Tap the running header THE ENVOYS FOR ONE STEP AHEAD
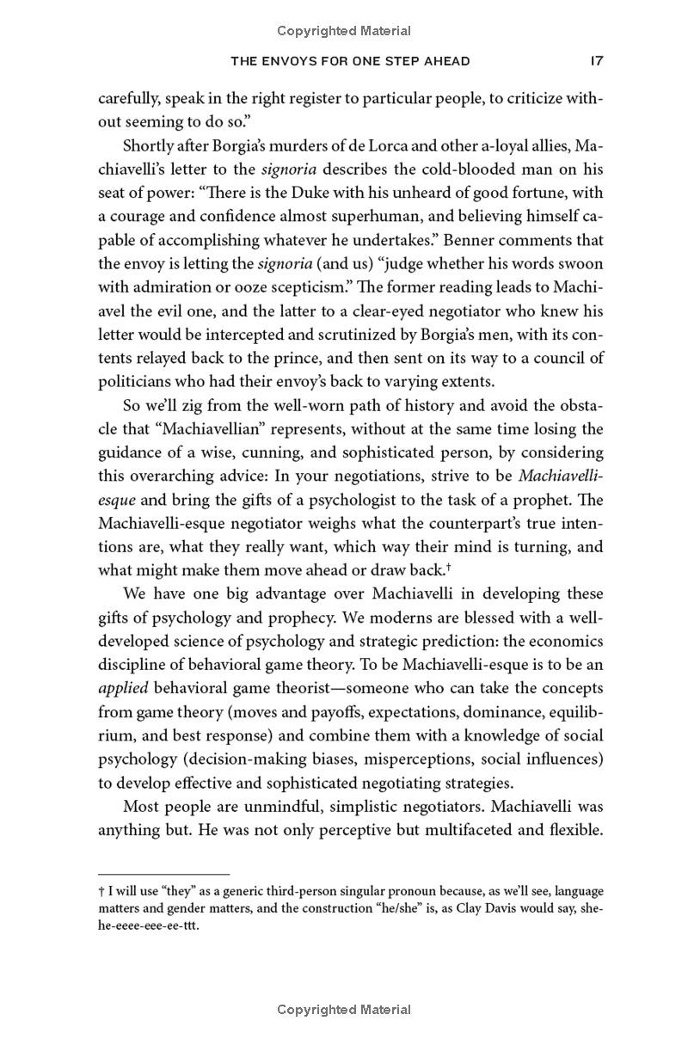(x=352, y=61)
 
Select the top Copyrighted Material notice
(x=344, y=31)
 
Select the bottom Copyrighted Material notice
(x=344, y=1010)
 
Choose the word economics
(x=562, y=641)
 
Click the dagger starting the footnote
(x=101, y=892)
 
